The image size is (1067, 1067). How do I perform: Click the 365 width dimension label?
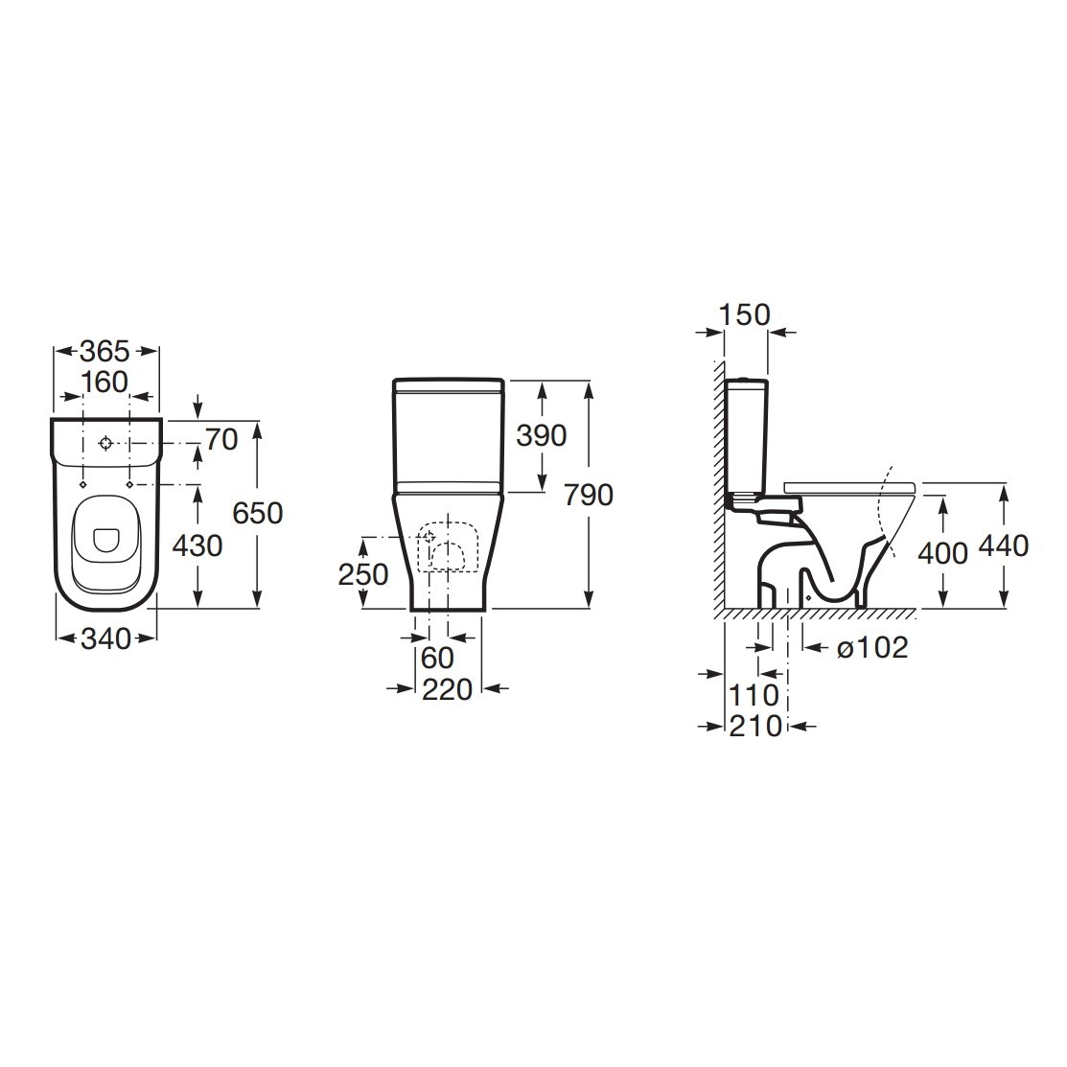point(104,351)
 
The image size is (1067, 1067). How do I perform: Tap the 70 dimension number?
point(221,440)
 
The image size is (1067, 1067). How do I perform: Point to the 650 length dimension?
point(257,512)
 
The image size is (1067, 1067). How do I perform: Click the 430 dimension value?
point(197,545)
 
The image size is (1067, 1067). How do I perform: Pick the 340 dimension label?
point(105,639)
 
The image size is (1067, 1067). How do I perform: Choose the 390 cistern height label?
point(541,435)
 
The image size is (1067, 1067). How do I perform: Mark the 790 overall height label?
point(589,495)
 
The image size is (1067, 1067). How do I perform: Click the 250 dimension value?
point(363,575)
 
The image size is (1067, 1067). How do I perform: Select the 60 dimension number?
point(437,658)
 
